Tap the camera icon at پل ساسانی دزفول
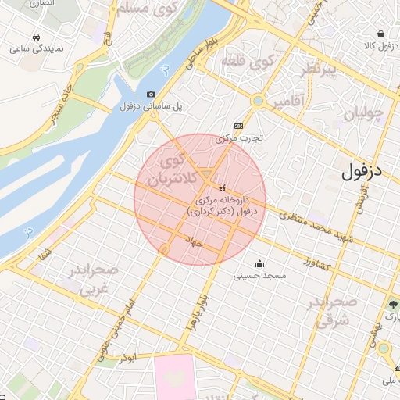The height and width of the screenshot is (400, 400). pos(151,94)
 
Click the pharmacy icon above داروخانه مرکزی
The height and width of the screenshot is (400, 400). pos(223,187)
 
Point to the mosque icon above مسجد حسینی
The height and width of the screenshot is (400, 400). pos(260,263)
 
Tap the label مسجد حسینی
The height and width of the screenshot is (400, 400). pos(260,276)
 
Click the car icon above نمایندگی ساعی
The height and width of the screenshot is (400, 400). pos(37,37)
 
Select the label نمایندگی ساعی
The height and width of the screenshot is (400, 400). pos(37,48)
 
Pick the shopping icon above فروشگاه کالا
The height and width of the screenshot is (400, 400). pos(380,34)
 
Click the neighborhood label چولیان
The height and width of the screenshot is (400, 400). pos(363,114)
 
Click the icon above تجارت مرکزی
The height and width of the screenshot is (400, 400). pos(238,126)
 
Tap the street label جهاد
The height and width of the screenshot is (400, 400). pos(193,243)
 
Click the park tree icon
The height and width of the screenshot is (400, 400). pos(393,304)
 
